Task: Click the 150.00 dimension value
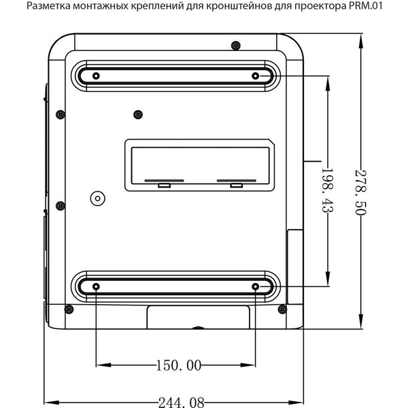pyautogui.click(x=179, y=366)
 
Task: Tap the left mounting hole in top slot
pyautogui.click(x=96, y=75)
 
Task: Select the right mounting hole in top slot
pyautogui.click(x=256, y=75)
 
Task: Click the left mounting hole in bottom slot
pyautogui.click(x=96, y=286)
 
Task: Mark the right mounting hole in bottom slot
pyautogui.click(x=256, y=286)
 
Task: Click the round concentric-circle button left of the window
pyautogui.click(x=97, y=199)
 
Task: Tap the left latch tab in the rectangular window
pyautogui.click(x=163, y=184)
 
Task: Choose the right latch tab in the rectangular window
pyautogui.click(x=236, y=184)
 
